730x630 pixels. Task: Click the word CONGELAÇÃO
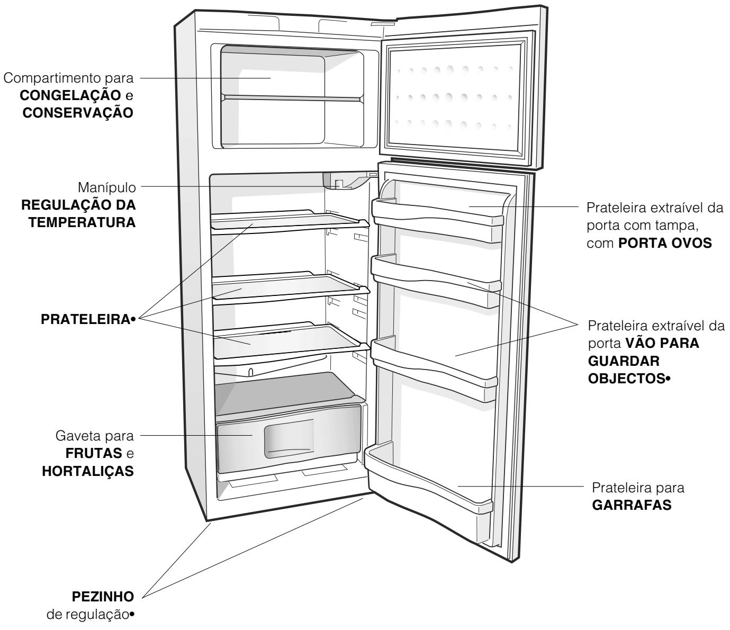point(70,95)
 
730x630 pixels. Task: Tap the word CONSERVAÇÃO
point(78,113)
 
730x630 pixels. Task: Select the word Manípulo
point(106,188)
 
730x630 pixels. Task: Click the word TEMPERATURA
point(82,222)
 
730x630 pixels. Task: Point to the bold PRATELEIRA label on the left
point(85,319)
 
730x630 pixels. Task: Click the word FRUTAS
point(94,453)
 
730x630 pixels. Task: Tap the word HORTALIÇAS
point(88,471)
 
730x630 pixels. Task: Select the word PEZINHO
point(103,597)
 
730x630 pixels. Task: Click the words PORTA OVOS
point(665,244)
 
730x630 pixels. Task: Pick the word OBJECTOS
point(627,379)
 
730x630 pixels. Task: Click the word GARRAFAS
point(632,505)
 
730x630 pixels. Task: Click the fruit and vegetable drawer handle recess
point(289,438)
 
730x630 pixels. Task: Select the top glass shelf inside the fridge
point(290,222)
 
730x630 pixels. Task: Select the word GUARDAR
point(624,361)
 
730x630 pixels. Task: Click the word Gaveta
point(74,436)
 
